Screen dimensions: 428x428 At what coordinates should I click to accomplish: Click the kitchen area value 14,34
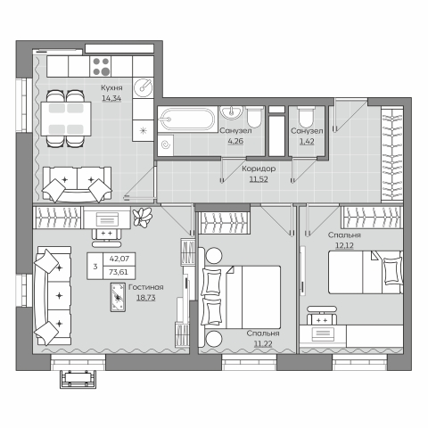pyautogui.click(x=111, y=98)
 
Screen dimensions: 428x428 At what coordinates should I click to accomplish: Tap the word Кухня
pyautogui.click(x=111, y=88)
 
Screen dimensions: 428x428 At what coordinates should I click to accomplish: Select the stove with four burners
pyautogui.click(x=101, y=67)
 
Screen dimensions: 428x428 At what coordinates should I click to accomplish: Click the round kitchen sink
pyautogui.click(x=143, y=87)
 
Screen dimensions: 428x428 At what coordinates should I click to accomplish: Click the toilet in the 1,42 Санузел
pyautogui.click(x=306, y=117)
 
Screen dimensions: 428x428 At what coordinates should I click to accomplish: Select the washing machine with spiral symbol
pyautogui.click(x=165, y=144)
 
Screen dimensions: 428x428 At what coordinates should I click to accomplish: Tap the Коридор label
pyautogui.click(x=259, y=169)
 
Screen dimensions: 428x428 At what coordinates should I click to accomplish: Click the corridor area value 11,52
pyautogui.click(x=259, y=179)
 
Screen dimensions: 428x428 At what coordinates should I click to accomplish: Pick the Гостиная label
pyautogui.click(x=146, y=287)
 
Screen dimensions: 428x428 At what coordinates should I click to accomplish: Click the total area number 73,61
pyautogui.click(x=119, y=272)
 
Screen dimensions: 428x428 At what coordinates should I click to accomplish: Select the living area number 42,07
pyautogui.click(x=119, y=259)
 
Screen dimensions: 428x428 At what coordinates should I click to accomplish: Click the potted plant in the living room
pyautogui.click(x=143, y=217)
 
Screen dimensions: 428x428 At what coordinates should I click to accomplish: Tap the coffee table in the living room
pyautogui.click(x=118, y=297)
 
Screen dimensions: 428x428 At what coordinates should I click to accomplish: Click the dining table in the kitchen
pyautogui.click(x=66, y=119)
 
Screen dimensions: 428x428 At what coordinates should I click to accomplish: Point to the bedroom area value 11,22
pyautogui.click(x=263, y=344)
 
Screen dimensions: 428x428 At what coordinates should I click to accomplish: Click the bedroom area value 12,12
pyautogui.click(x=344, y=245)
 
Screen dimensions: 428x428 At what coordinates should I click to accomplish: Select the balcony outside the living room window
pyautogui.click(x=78, y=379)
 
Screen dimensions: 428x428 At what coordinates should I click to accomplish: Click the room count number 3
pyautogui.click(x=95, y=267)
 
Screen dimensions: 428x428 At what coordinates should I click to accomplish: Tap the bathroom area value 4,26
pyautogui.click(x=235, y=141)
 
